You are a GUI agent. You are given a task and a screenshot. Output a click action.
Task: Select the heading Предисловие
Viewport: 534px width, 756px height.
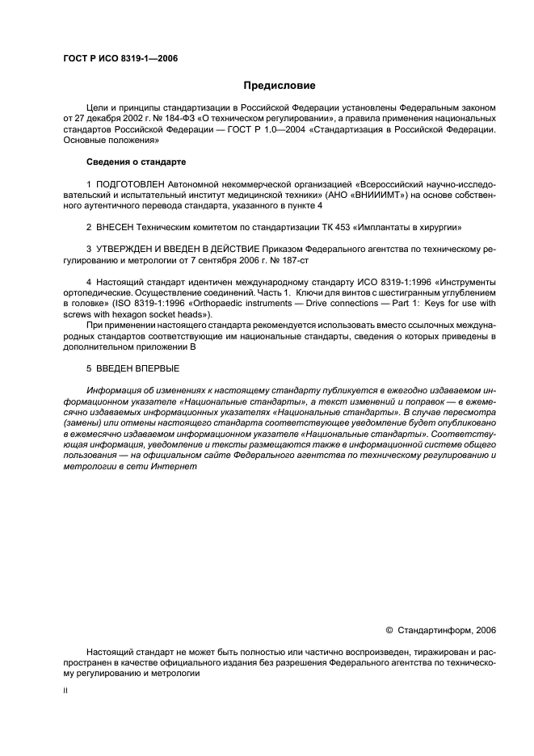tap(280, 85)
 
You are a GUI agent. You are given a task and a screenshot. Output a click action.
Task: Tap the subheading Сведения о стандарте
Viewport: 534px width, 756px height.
tap(126, 162)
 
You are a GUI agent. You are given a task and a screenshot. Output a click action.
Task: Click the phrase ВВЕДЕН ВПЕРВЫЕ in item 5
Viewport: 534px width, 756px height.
tap(138, 368)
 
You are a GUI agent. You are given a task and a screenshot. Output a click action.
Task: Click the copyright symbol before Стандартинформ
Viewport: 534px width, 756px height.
tap(389, 629)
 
